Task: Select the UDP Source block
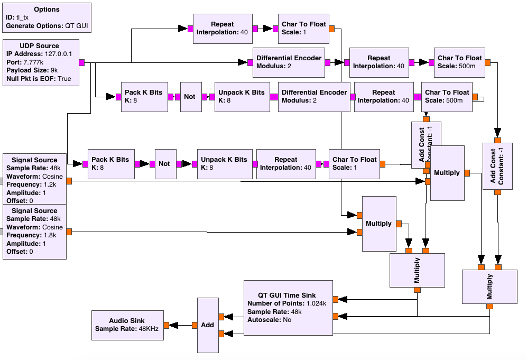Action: [40, 62]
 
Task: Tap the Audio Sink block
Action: [127, 325]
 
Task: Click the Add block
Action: [208, 325]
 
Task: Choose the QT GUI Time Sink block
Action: [288, 307]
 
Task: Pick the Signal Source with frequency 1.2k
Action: [34, 180]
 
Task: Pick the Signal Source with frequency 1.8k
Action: [34, 231]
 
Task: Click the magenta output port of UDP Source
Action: [82, 63]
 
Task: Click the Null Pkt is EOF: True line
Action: [39, 79]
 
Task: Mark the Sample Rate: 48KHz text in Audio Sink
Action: [127, 329]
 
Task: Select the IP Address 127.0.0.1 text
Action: [40, 54]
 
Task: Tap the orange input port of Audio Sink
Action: [165, 325]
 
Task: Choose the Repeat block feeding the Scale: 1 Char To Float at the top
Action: [222, 28]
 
